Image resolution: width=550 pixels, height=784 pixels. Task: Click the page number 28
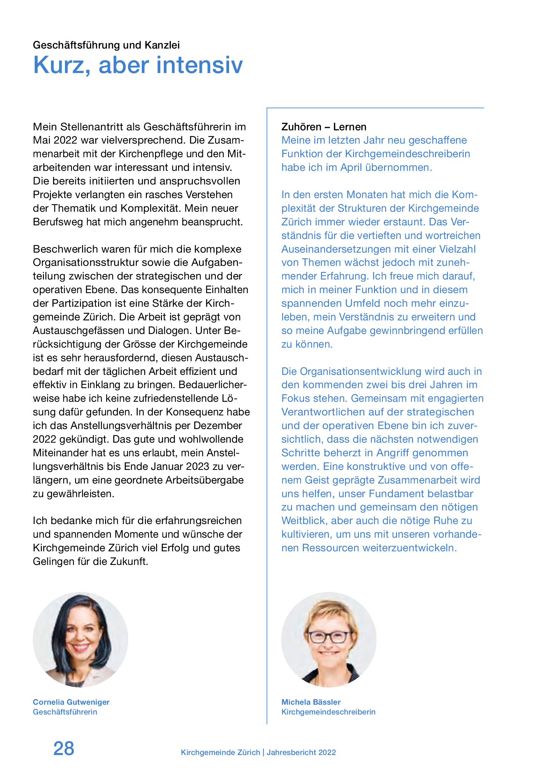(64, 748)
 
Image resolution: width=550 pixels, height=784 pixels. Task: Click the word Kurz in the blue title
(59, 65)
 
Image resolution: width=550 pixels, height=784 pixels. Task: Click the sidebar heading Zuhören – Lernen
(324, 127)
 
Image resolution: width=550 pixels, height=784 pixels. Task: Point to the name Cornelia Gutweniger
(71, 702)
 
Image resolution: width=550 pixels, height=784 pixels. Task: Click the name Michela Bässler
(311, 702)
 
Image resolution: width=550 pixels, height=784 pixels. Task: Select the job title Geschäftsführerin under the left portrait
(65, 712)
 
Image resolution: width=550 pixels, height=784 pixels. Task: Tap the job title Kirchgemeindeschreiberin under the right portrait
(328, 712)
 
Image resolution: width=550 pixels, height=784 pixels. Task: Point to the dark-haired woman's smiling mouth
(81, 647)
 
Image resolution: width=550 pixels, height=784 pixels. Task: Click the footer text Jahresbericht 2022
(301, 752)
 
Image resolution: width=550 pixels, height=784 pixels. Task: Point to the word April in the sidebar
(351, 167)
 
